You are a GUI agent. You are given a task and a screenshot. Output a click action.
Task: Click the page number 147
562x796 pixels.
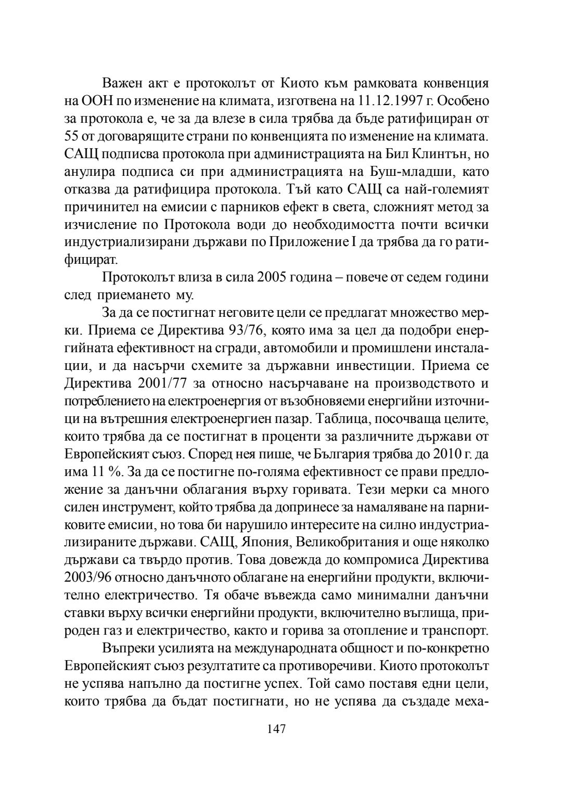pyautogui.click(x=276, y=728)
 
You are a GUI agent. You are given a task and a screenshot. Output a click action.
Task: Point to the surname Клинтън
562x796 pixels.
pyautogui.click(x=443, y=154)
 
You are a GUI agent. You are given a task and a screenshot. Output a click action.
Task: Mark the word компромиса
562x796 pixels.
pyautogui.click(x=380, y=560)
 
